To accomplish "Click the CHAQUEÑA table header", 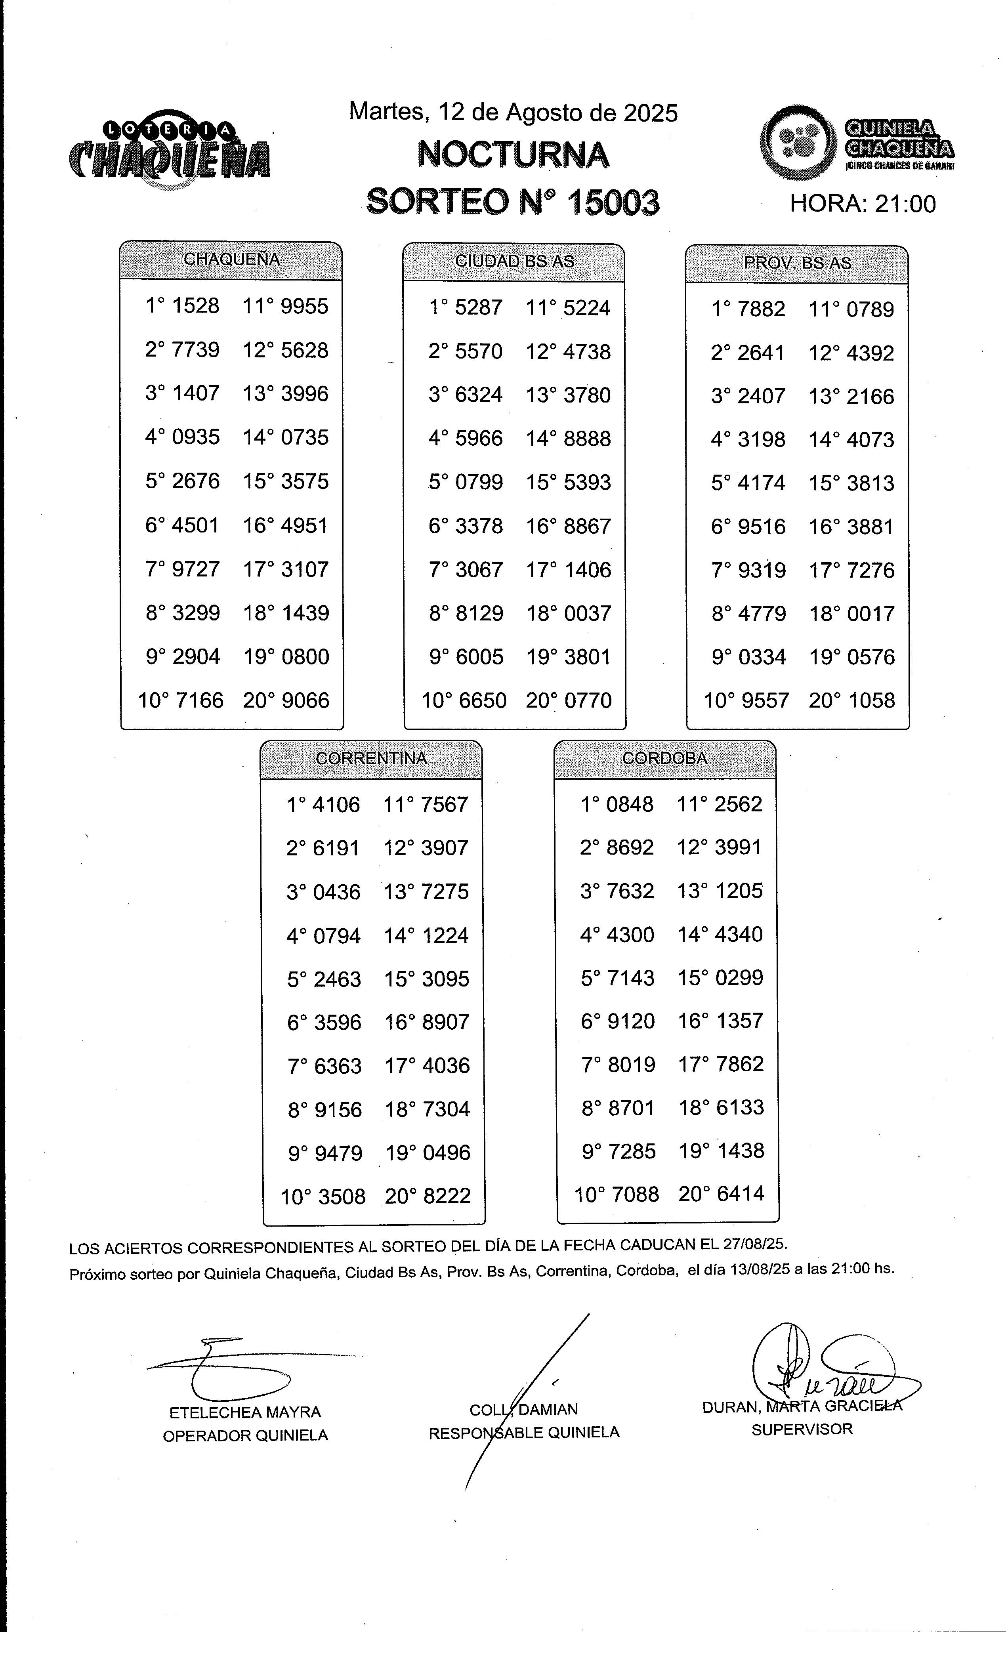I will (231, 260).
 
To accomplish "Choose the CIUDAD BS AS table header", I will (514, 261).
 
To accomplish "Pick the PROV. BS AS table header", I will (797, 263).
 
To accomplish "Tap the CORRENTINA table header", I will (371, 758).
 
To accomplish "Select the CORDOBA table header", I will (664, 758).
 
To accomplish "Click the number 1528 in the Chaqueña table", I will (196, 306).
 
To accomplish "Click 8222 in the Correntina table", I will (446, 1196).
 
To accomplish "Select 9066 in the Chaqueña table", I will (305, 700).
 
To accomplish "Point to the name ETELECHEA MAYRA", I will (245, 1412).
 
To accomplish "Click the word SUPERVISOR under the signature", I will (802, 1429).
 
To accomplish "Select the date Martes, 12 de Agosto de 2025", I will (513, 112).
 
